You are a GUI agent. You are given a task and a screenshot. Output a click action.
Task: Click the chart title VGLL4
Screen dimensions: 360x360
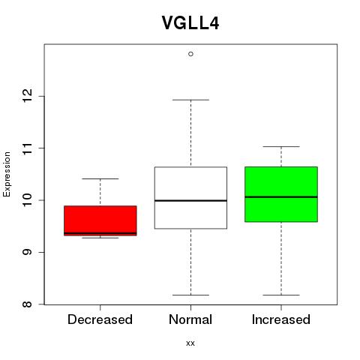click(190, 22)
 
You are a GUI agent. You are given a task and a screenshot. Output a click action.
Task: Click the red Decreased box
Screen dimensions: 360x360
click(100, 220)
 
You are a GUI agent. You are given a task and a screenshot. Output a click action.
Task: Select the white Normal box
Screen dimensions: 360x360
click(190, 198)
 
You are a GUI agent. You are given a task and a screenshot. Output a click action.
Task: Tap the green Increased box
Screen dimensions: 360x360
click(281, 194)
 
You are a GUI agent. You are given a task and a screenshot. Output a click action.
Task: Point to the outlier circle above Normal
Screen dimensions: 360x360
click(190, 54)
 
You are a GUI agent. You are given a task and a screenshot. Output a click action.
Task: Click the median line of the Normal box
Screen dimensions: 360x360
click(190, 200)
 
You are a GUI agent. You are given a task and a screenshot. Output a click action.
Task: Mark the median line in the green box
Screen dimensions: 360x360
click(281, 197)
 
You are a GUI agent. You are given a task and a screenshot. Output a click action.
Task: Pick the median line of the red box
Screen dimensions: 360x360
click(100, 233)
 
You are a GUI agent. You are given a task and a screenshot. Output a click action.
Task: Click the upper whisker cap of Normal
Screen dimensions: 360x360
click(190, 100)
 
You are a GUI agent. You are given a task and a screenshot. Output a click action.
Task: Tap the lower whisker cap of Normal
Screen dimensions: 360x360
click(190, 295)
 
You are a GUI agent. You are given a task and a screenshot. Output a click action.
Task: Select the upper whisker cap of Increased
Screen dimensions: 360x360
click(281, 146)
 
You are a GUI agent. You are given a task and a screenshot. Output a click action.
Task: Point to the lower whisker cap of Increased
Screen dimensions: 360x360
click(281, 295)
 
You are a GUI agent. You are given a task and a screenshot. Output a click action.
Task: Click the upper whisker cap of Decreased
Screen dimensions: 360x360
click(100, 178)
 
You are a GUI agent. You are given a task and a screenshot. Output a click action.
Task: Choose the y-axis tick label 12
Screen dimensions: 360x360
click(27, 96)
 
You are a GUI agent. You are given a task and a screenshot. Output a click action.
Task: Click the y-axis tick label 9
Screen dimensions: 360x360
click(27, 252)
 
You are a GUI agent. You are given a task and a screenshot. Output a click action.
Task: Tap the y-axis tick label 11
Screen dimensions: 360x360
click(27, 148)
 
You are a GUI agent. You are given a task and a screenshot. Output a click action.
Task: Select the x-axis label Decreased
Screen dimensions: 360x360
click(100, 319)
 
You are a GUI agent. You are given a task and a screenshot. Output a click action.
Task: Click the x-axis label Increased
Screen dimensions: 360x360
click(281, 319)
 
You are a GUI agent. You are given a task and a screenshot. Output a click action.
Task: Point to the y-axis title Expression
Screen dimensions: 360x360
click(7, 174)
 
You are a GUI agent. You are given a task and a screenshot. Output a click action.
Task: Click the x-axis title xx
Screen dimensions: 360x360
click(190, 343)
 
